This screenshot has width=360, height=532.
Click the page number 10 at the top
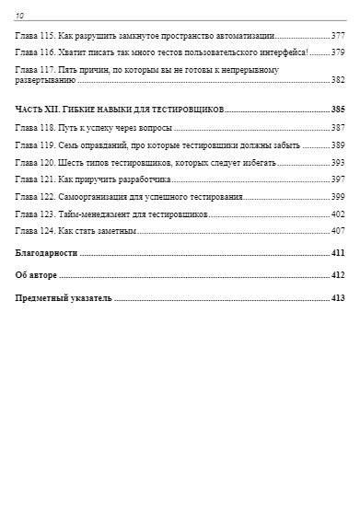pos(20,15)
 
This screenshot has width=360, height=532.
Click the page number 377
pos(337,35)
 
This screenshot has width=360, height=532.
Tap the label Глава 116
pos(35,52)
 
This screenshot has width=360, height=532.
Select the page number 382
pos(337,81)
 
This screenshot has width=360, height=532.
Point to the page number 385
pos(337,110)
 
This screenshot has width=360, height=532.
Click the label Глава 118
pos(35,127)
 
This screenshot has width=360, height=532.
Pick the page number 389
pos(337,145)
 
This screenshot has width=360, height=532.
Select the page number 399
pos(337,196)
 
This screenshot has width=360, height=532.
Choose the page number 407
pos(337,230)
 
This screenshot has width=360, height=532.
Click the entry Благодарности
pos(47,252)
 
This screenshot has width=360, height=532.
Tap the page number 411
pos(337,252)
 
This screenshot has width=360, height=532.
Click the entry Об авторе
pos(37,275)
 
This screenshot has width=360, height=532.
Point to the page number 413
pos(337,298)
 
